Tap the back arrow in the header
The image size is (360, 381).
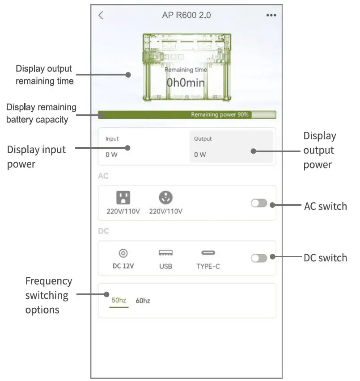click(x=101, y=15)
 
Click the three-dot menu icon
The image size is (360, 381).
click(x=271, y=15)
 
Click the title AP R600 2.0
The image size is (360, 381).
click(x=186, y=15)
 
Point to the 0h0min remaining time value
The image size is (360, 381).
click(x=186, y=83)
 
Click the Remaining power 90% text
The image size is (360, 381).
click(x=220, y=115)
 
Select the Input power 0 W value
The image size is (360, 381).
click(x=111, y=155)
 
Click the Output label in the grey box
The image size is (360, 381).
click(x=203, y=139)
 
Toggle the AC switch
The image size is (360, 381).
click(x=259, y=203)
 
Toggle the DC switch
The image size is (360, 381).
click(x=259, y=258)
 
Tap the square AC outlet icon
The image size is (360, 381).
click(x=123, y=197)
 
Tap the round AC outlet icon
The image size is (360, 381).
click(x=165, y=197)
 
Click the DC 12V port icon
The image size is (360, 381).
click(x=123, y=253)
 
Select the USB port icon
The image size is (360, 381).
click(x=165, y=253)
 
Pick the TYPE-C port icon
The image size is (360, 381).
click(x=208, y=253)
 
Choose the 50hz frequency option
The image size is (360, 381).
click(x=119, y=301)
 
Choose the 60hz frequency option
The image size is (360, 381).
click(x=143, y=301)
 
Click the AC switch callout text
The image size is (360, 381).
click(x=325, y=206)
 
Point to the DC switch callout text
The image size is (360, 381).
click(x=325, y=258)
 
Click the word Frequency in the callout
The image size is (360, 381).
click(x=49, y=281)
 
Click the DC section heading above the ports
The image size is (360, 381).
click(x=103, y=231)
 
